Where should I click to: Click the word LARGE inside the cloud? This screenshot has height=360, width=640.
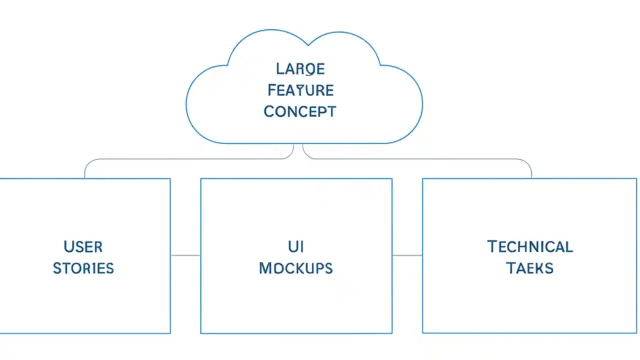click(300, 68)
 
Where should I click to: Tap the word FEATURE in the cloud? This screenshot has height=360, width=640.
click(300, 90)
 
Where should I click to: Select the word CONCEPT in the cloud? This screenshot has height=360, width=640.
click(300, 111)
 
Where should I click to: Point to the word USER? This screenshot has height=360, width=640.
click(83, 247)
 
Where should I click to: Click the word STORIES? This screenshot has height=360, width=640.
click(83, 268)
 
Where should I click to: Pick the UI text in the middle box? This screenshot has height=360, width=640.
click(296, 247)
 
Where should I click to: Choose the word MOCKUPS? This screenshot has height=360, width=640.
click(296, 268)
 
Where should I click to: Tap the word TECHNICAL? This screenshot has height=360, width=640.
click(530, 247)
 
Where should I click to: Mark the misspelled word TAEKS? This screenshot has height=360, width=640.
click(530, 268)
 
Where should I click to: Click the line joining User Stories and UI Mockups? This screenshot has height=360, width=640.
click(185, 255)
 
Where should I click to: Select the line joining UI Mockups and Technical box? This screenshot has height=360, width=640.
click(407, 255)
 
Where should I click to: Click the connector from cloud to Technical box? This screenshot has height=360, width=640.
click(415, 159)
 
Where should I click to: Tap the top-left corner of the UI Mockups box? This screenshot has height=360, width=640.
click(201, 179)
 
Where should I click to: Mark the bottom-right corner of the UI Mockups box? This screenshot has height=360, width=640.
click(391, 332)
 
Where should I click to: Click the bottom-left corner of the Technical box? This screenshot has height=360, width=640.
click(423, 332)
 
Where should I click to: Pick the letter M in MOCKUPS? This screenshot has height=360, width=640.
click(265, 268)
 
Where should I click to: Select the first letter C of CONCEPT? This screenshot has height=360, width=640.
click(269, 111)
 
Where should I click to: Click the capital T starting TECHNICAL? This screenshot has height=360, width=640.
click(492, 247)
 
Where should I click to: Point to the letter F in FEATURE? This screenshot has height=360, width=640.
click(272, 90)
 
